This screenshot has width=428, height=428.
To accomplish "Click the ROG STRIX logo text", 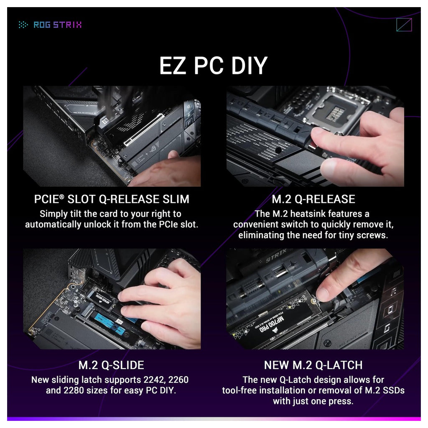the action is coord(58,25).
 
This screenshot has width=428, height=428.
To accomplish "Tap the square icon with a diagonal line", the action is coord(404,25).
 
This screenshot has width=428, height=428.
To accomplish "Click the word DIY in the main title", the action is coord(249,66).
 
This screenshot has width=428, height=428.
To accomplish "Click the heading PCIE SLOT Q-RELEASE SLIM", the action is coord(112,199).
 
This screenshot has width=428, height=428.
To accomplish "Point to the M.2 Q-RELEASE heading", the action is coord(313,199).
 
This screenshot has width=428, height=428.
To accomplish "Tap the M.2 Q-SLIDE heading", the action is coord(111,365).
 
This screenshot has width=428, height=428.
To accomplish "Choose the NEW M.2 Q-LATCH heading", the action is coord(313,365).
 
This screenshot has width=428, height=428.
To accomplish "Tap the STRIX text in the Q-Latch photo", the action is coord(276,255).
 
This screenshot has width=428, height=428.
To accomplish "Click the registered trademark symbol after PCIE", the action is coord(62,196).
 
